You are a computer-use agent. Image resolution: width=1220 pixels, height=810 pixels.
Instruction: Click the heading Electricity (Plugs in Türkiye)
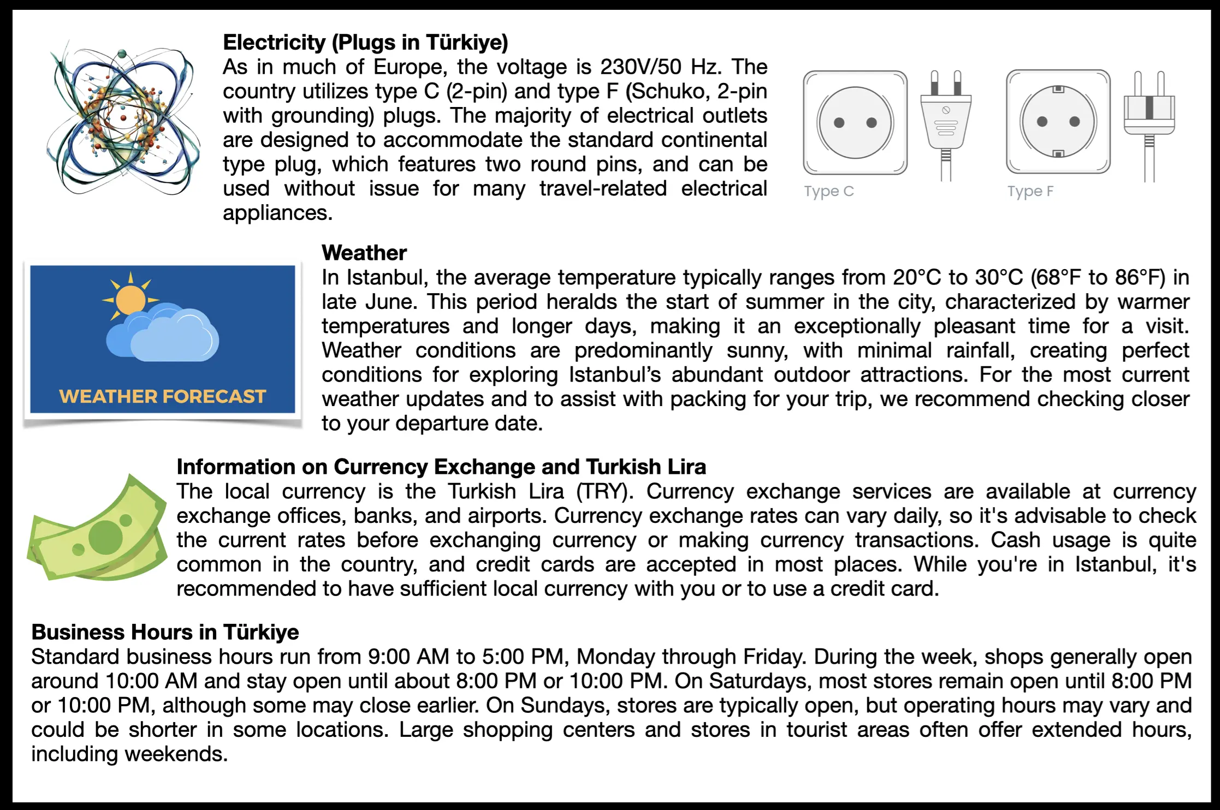click(x=365, y=43)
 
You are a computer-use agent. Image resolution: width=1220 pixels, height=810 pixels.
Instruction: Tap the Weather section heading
click(x=364, y=253)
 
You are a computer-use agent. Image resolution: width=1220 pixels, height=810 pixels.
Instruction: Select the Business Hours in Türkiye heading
click(x=165, y=632)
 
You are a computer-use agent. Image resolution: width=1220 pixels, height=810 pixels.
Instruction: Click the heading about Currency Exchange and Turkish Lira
click(x=441, y=467)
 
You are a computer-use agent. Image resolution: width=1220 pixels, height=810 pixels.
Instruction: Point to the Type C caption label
click(x=828, y=192)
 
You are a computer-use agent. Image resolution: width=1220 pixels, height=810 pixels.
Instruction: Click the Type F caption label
click(x=1030, y=192)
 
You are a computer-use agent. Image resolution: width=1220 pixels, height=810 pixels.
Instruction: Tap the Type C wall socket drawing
click(x=855, y=123)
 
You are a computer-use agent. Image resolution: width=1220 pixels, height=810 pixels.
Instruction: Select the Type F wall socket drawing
click(x=1058, y=122)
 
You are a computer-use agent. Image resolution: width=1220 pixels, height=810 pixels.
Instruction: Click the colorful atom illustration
click(x=123, y=120)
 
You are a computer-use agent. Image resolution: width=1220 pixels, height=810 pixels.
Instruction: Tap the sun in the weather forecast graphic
click(x=131, y=299)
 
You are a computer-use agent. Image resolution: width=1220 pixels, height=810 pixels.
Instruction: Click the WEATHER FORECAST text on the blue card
click(x=162, y=396)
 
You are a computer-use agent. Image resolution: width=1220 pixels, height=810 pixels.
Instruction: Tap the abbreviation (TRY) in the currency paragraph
click(x=605, y=492)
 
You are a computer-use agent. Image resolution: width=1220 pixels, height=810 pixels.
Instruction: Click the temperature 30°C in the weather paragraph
click(x=999, y=278)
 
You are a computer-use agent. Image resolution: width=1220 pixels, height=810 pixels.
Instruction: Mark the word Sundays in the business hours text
click(x=565, y=706)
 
